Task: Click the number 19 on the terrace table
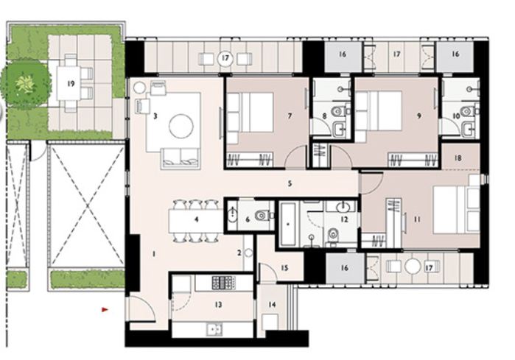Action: point(71,83)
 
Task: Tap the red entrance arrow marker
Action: point(105,310)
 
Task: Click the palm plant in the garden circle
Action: point(24,82)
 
